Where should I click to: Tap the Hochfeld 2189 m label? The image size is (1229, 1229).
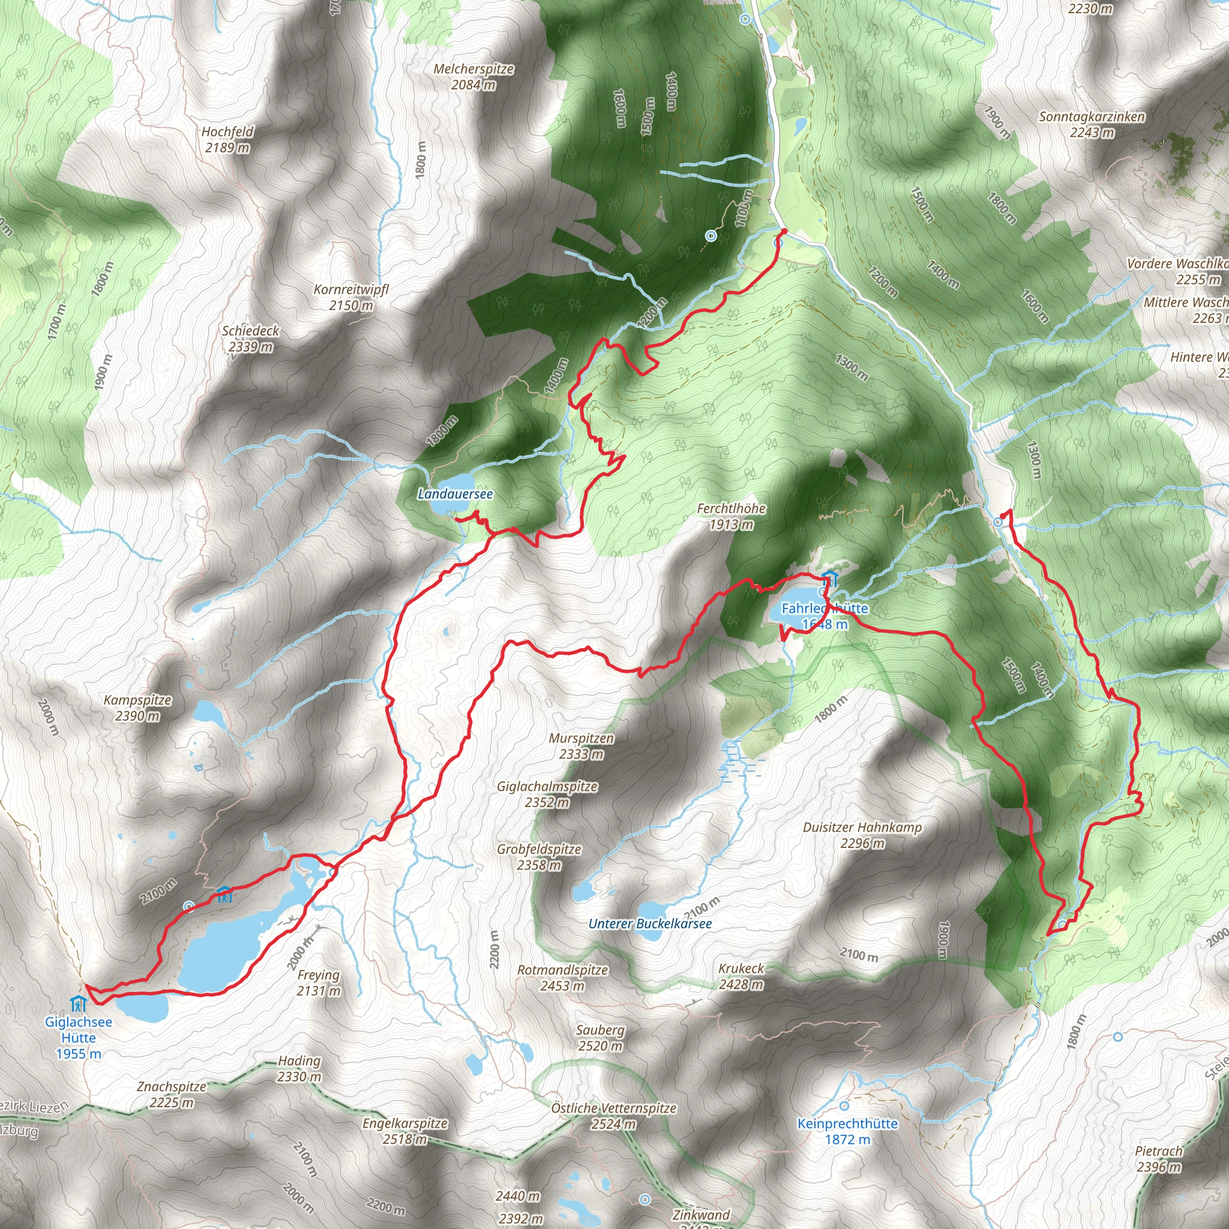tap(227, 139)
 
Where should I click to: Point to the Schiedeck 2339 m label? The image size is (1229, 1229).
tap(250, 338)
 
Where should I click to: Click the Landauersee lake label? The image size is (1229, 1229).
tap(455, 494)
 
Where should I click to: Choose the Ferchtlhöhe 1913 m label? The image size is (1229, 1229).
tap(731, 517)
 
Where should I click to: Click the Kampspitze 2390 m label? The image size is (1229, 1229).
tap(137, 708)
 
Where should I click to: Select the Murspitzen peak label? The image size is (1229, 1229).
tap(581, 746)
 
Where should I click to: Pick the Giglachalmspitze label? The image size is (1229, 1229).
tap(547, 794)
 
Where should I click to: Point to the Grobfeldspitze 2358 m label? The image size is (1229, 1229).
tap(539, 857)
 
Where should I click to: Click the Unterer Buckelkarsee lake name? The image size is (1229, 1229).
tap(649, 924)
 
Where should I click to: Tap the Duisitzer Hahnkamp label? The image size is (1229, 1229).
tap(862, 835)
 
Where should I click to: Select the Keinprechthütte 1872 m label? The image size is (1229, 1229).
tap(847, 1131)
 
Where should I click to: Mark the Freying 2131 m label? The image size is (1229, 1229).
tap(319, 982)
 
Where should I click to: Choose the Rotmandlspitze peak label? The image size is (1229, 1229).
tap(562, 978)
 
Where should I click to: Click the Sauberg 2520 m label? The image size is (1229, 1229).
tap(600, 1038)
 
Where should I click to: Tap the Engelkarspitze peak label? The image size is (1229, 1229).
tap(404, 1131)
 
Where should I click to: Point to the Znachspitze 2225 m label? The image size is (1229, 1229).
tap(171, 1094)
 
